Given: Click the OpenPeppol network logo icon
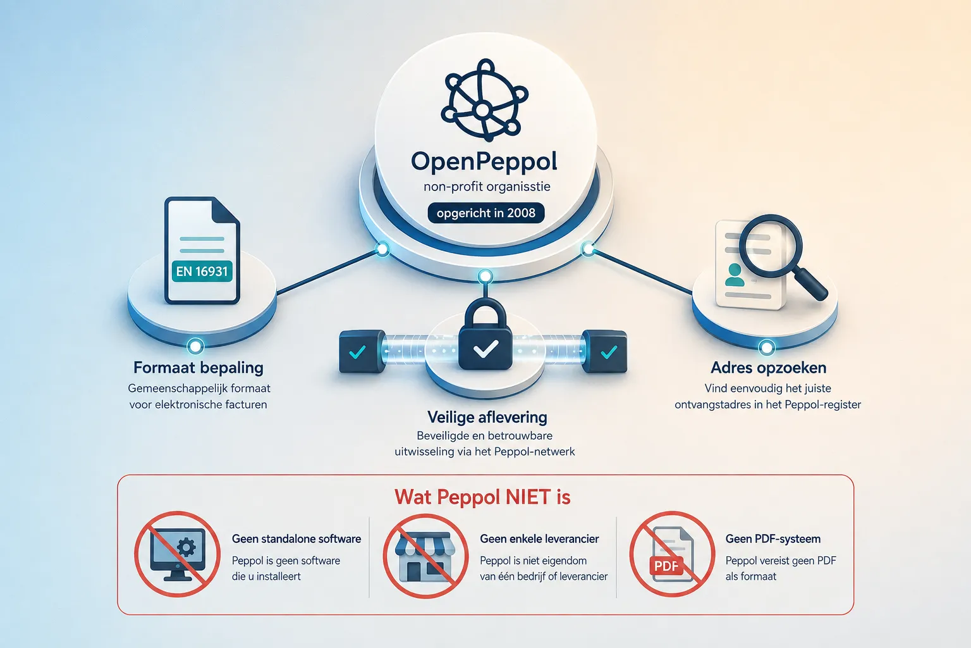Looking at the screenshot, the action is [484, 100].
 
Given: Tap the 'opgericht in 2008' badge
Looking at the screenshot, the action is [486, 213].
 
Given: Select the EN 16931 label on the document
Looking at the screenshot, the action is [202, 271].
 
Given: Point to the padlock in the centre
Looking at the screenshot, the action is [485, 333].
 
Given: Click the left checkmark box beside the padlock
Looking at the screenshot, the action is [362, 352].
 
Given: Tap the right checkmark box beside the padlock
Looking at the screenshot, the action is [605, 352].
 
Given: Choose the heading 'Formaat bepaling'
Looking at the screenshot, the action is [198, 368].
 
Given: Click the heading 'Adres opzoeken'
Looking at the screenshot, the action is [769, 368].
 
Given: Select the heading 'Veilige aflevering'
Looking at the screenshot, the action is [487, 417].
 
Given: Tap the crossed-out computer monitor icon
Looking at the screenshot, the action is [177, 554].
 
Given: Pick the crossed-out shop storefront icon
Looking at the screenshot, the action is [425, 556].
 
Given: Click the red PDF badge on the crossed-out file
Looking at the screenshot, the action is [666, 566].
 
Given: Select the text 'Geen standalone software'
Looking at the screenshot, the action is [296, 539].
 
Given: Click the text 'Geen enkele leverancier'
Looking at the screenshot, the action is [539, 539].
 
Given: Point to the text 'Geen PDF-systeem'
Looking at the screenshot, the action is [773, 539].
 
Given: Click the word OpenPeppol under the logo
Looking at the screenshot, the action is [484, 162].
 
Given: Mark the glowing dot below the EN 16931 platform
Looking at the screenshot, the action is [195, 346].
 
